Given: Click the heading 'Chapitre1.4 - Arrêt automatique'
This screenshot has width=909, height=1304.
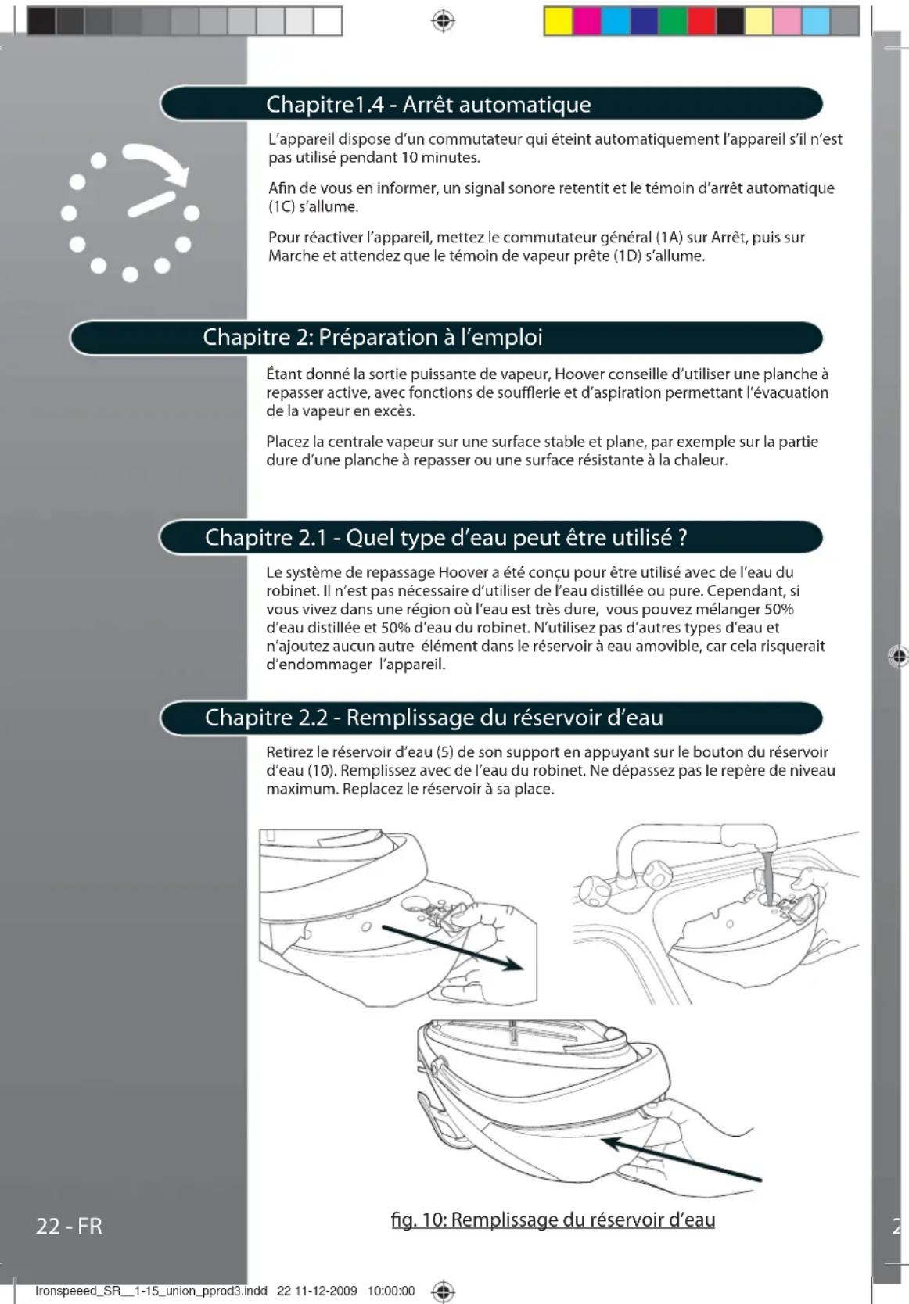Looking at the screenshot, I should pos(428,104).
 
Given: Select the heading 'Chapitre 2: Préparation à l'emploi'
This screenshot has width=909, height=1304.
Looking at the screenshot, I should pos(372,337).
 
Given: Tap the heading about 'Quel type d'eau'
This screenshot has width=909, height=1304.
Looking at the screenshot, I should pos(446,538).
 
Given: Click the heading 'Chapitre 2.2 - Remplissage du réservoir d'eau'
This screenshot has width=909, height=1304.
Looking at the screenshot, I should pos(433,718).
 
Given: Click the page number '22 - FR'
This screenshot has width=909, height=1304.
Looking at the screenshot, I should pos(69,1225).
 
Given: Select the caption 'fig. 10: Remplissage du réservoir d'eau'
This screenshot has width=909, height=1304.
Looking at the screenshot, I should pos(552,1220).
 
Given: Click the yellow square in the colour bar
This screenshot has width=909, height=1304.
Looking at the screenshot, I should pos(558,21).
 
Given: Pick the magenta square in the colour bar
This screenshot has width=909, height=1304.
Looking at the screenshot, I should pos(587,21).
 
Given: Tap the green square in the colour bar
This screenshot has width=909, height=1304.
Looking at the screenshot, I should pos(673,21).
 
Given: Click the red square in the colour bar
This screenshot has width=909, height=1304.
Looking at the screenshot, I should pos(702,21).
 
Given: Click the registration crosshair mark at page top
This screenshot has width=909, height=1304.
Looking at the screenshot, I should pos(443,20).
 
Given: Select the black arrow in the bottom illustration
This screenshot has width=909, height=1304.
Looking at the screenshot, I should pos(681,1159).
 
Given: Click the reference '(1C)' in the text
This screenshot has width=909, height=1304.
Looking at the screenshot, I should pos(281,207).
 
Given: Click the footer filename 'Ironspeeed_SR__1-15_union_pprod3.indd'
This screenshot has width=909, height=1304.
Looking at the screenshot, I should pos(151,1291).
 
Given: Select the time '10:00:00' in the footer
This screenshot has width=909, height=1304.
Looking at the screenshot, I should pos(391,1291).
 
